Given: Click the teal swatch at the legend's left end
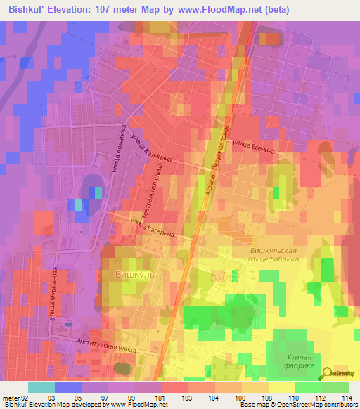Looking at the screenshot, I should pos(41,387).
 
